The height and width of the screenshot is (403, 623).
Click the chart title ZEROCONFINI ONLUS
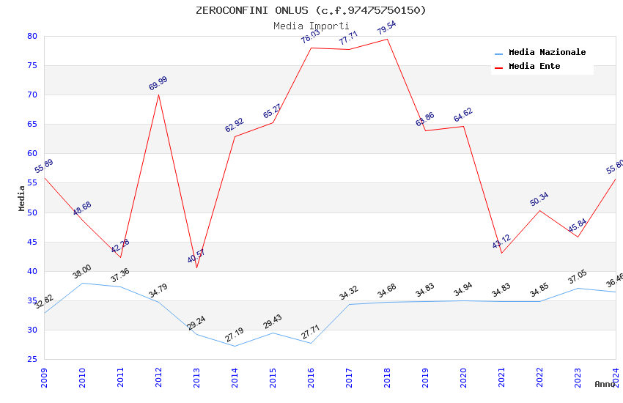(x=311, y=10)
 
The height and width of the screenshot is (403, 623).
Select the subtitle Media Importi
(x=311, y=26)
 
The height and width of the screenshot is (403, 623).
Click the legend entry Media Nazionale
(x=547, y=53)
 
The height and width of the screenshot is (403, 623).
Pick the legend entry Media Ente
(x=534, y=67)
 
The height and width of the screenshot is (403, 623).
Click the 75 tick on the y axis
(x=32, y=65)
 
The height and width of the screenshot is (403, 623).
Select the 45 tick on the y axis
(x=32, y=242)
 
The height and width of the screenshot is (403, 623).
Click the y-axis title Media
(x=22, y=198)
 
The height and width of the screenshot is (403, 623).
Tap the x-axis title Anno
(x=605, y=384)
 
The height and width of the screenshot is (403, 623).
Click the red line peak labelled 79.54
(x=387, y=39)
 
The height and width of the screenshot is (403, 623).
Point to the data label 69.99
(x=158, y=82)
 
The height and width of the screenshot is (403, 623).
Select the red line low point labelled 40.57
(x=196, y=267)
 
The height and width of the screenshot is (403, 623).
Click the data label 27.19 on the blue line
(x=235, y=335)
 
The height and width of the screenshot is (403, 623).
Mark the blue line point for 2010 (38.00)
(x=82, y=283)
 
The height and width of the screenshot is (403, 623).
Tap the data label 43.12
(x=501, y=242)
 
